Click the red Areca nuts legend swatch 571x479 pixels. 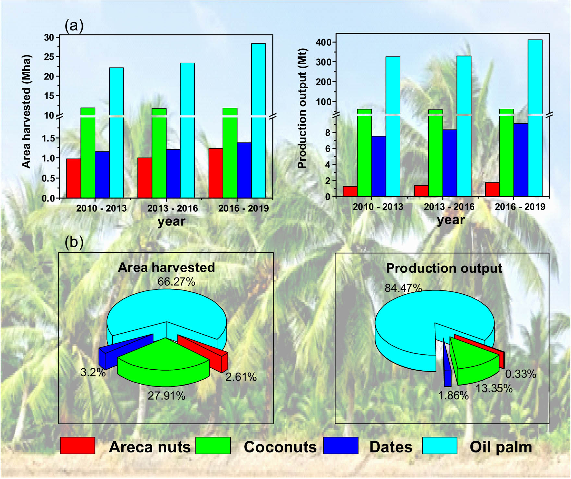78,445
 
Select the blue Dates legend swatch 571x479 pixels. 341,445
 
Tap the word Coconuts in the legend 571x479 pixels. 280,447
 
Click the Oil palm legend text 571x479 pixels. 501,447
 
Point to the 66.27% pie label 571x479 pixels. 176,282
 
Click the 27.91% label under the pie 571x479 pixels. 166,396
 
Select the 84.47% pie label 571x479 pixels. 403,288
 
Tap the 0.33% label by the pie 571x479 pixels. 520,374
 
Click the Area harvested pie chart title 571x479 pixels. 166,267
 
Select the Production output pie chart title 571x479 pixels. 444,268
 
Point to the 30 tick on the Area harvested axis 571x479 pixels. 49,38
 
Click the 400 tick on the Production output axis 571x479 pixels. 323,43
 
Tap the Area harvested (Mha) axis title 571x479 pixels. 26,111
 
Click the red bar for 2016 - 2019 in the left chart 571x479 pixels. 215,173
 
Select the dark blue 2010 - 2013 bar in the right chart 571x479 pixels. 379,166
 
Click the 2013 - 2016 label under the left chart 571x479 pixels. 172,208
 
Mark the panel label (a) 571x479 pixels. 74,25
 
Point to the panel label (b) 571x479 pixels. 74,242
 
